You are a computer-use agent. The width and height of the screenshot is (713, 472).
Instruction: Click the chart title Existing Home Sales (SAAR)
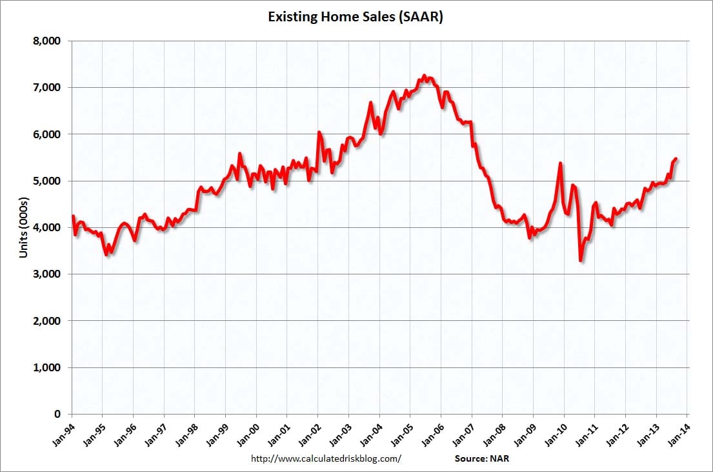tap(356, 17)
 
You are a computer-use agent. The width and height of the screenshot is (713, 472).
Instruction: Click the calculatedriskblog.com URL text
tap(325, 458)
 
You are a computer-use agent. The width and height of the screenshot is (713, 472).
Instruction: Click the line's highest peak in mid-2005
tap(424, 76)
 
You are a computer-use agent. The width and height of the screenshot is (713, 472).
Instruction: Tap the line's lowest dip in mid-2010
tap(581, 261)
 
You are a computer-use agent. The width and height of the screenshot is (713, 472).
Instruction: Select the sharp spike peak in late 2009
tap(560, 163)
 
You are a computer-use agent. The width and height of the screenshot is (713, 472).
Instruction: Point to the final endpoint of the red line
tap(676, 158)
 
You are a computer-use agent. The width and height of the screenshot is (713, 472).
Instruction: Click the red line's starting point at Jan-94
tap(72, 216)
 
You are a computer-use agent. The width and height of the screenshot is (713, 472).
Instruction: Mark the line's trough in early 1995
tap(106, 255)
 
